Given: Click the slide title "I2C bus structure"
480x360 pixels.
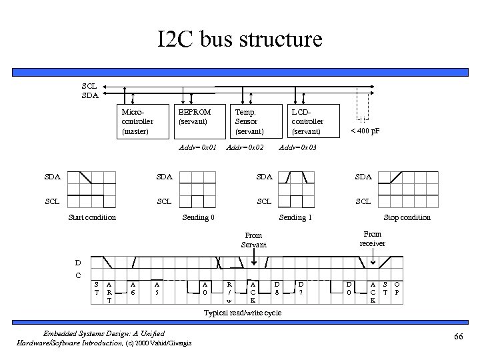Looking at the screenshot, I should coord(240,39).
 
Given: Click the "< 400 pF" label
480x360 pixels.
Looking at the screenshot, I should coord(365,131).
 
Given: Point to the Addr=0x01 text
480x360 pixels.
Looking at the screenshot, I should coord(198,147).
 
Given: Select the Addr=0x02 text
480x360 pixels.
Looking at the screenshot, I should coord(245,147).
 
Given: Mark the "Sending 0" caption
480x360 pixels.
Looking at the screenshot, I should coord(198,217).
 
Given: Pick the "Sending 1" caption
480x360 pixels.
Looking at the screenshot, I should coord(295,217).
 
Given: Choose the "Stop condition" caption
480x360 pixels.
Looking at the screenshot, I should coord(407,217).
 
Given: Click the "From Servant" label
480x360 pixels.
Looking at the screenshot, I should coord(253,239).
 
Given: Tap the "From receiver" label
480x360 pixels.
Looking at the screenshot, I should coord(372,238).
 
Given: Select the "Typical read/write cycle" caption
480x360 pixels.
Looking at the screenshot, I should coord(243,313).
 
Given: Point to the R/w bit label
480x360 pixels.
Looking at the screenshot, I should coord(229,291).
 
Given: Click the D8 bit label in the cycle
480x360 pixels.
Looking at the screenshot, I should coord(277,288).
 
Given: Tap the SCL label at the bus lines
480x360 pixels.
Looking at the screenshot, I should coord(88,86).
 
